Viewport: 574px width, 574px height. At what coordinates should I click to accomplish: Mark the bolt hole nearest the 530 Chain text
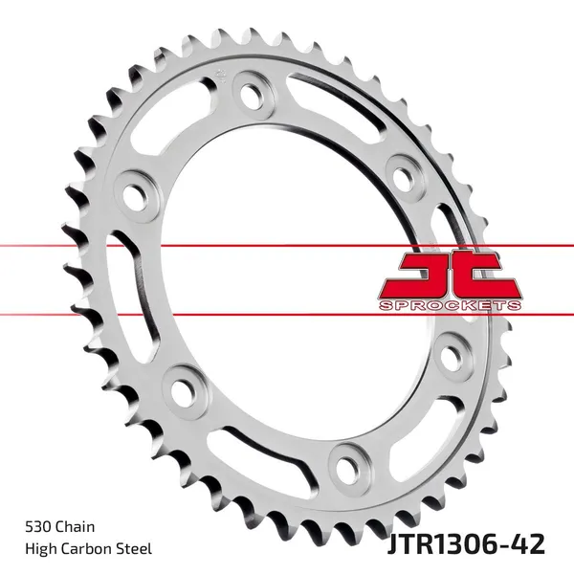[x=178, y=389]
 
